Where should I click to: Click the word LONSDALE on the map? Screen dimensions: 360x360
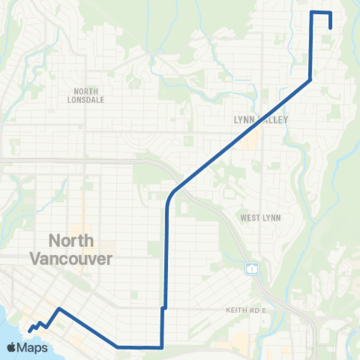tap(85, 100)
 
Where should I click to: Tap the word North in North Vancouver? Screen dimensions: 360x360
tap(71, 241)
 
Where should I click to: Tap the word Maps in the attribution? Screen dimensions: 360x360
tap(33, 348)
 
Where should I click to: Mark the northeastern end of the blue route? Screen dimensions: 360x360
tap(331, 28)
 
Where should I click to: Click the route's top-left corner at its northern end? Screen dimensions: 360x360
tap(312, 13)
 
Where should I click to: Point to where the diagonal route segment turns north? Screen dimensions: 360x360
tap(310, 79)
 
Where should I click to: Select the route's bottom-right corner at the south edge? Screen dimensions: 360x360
tap(162, 347)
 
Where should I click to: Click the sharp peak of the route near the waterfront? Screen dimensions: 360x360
tap(58, 308)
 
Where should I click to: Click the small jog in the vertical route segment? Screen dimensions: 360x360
tap(163, 307)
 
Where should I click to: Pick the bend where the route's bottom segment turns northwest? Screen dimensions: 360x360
tap(118, 346)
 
